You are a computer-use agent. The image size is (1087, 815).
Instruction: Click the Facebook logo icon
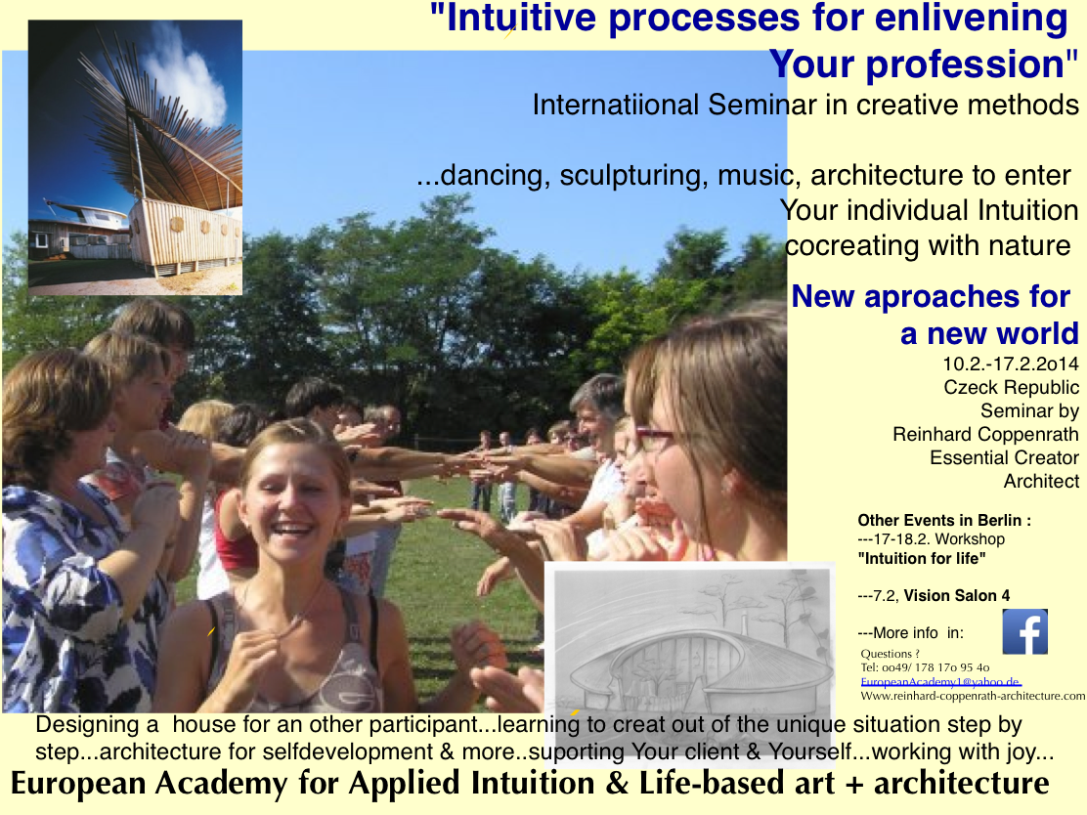pyautogui.click(x=1024, y=632)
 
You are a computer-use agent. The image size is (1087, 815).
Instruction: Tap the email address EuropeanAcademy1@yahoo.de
pyautogui.click(x=940, y=682)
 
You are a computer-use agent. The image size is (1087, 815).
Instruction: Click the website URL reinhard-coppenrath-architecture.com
pyautogui.click(x=973, y=696)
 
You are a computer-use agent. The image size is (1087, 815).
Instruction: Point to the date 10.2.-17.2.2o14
pyautogui.click(x=1010, y=364)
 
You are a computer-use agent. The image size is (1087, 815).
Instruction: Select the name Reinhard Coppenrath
pyautogui.click(x=985, y=435)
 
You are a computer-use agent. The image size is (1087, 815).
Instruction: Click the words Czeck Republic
pyautogui.click(x=1011, y=387)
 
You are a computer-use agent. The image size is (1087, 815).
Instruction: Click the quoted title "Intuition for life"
pyautogui.click(x=922, y=559)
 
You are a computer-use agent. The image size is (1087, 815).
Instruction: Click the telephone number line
pyautogui.click(x=925, y=667)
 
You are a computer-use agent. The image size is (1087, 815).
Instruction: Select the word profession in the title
pyautogui.click(x=965, y=64)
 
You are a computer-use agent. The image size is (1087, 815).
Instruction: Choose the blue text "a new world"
pyautogui.click(x=989, y=334)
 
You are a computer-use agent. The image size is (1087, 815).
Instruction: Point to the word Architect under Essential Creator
pyautogui.click(x=1041, y=481)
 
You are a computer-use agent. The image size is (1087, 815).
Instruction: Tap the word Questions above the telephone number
pyautogui.click(x=886, y=654)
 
